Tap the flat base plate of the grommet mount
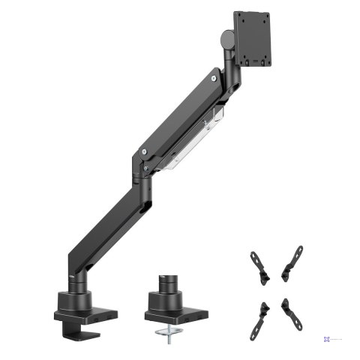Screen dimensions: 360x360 (173, 308)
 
